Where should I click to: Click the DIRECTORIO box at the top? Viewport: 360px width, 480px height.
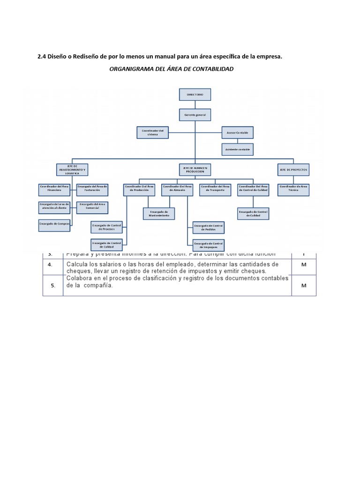tap(195, 94)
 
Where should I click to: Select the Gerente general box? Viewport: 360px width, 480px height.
tap(195, 114)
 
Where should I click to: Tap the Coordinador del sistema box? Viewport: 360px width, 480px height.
tap(152, 132)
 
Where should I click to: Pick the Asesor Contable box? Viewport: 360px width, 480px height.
tap(237, 132)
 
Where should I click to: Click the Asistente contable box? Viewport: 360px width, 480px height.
tap(237, 150)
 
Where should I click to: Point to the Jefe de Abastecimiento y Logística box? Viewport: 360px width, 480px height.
tap(72, 170)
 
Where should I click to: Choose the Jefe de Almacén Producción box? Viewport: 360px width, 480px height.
tap(195, 170)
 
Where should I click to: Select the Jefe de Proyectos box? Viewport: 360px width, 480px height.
tap(294, 170)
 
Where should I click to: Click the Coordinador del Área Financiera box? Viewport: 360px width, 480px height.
tap(54, 189)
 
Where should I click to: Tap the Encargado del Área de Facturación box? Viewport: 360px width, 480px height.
tap(93, 189)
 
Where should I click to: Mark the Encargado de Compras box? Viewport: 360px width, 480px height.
tap(54, 225)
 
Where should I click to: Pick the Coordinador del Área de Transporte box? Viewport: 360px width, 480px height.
tap(215, 189)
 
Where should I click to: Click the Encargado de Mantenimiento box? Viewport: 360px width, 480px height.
tap(159, 214)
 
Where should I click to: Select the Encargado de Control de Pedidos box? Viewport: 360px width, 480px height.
tap(208, 228)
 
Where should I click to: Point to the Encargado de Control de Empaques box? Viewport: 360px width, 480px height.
tap(208, 245)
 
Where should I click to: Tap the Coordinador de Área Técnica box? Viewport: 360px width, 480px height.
tap(293, 189)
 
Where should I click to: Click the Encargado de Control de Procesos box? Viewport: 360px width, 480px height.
tap(106, 228)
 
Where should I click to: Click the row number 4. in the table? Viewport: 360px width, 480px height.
tap(53, 265)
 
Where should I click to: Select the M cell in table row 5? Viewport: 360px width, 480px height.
tap(303, 285)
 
